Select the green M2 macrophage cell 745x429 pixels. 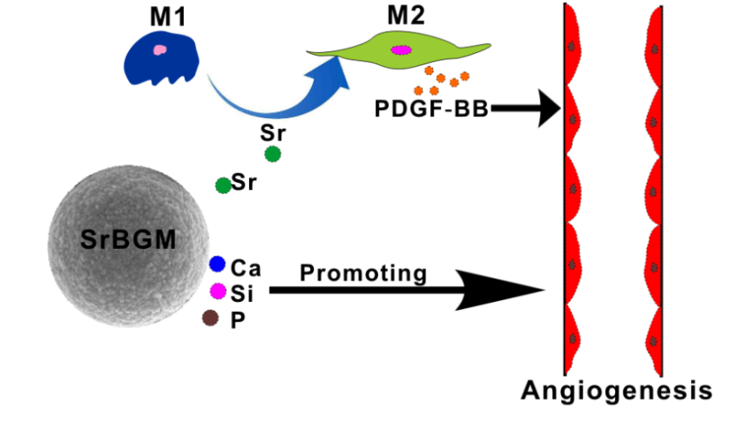tap(403, 50)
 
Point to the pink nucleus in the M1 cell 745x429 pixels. tap(159, 51)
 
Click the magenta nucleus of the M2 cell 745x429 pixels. tap(400, 49)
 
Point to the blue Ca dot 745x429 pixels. tap(217, 264)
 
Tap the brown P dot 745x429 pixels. tap(209, 318)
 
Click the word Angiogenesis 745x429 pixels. tap(615, 389)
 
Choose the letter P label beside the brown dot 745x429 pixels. tap(237, 320)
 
